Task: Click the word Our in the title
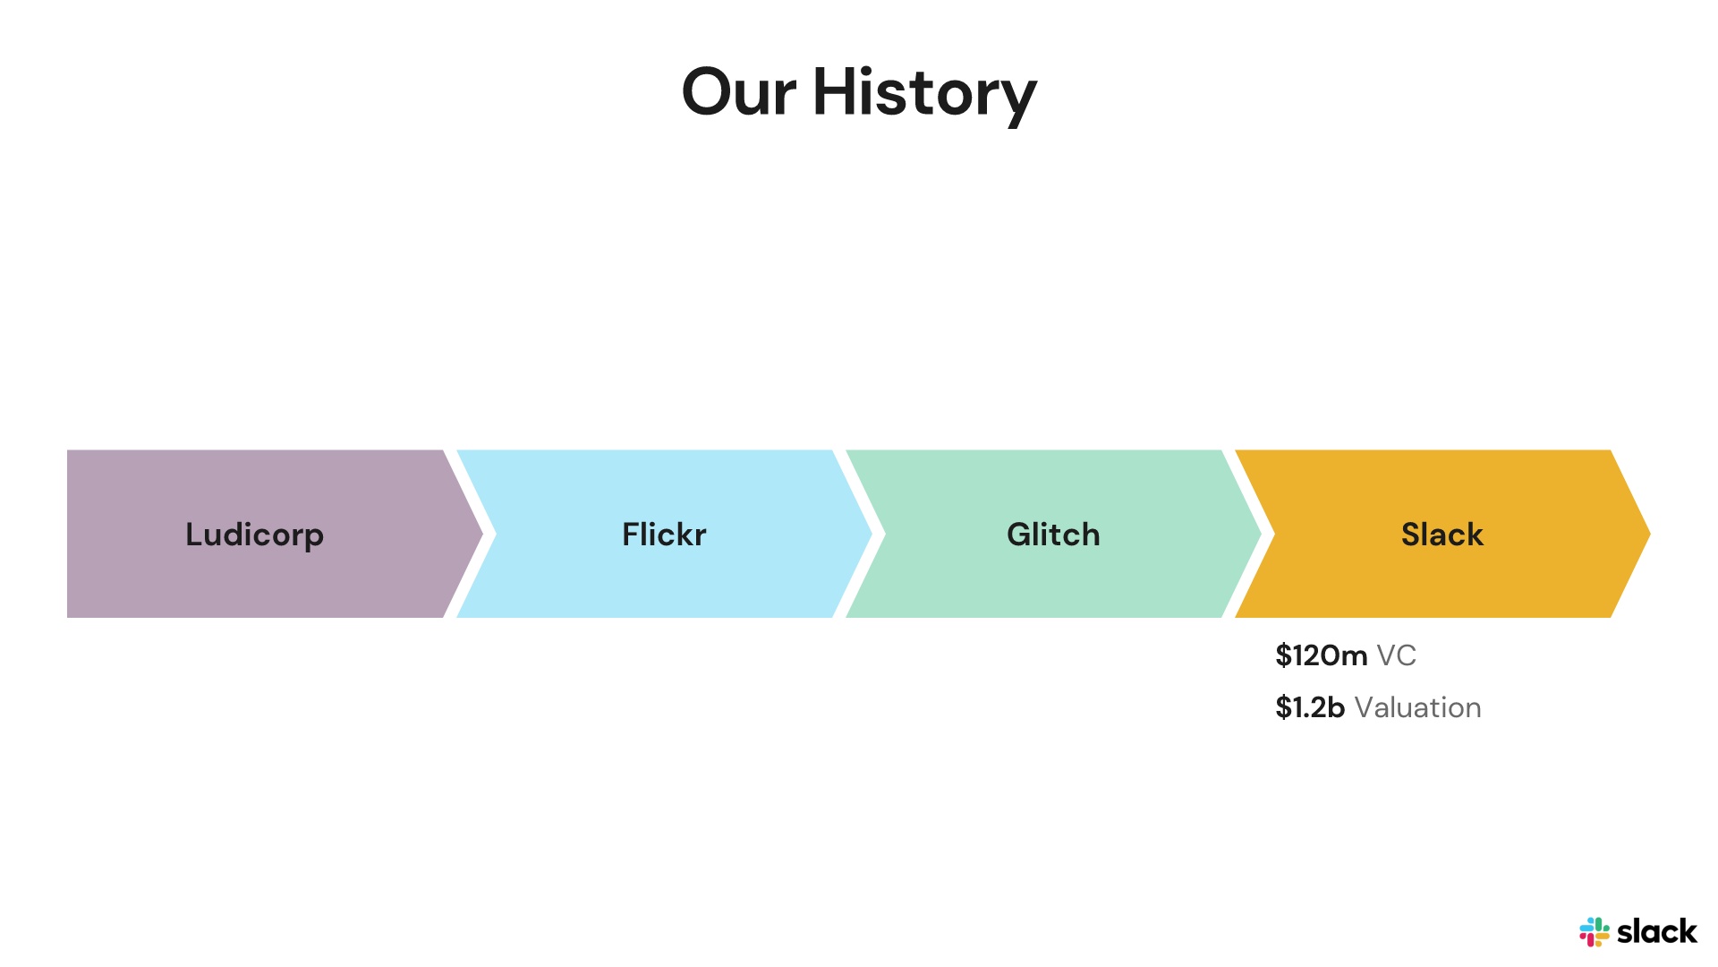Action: tap(739, 92)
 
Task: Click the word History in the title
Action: tap(924, 94)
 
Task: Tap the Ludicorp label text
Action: tap(254, 535)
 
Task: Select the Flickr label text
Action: tap(664, 535)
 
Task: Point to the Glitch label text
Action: tap(1053, 535)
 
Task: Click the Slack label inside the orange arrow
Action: tap(1442, 535)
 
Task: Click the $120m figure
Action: tap(1321, 655)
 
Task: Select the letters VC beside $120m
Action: tap(1396, 655)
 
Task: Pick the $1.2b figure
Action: tap(1310, 707)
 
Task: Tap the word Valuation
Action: tap(1417, 707)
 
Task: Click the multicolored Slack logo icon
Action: tap(1594, 932)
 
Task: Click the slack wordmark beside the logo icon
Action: tap(1656, 932)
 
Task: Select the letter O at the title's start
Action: tap(707, 92)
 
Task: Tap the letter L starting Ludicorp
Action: tap(195, 535)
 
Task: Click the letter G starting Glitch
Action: tap(1019, 535)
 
